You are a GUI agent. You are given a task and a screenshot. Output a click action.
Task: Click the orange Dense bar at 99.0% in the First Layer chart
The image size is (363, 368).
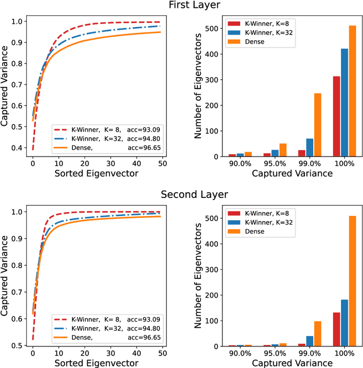point(318,125)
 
